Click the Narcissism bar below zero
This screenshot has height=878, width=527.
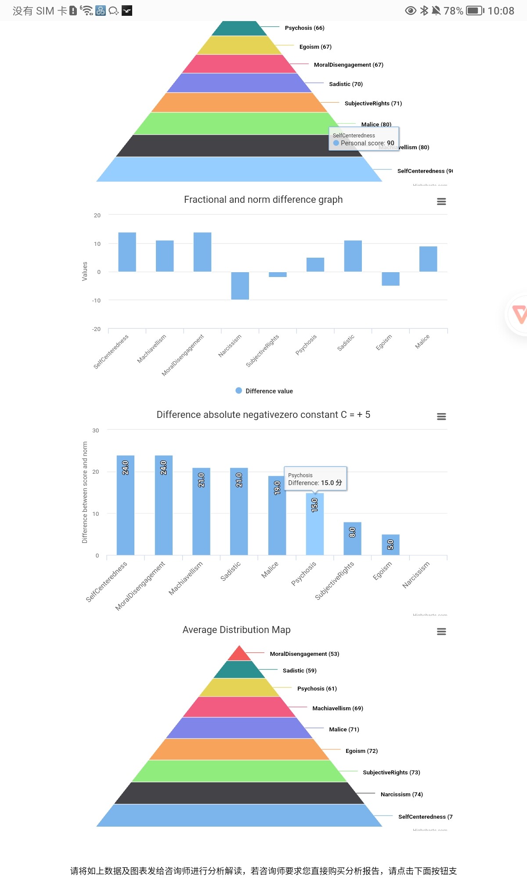click(x=240, y=286)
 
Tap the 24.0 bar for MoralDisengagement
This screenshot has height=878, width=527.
click(x=163, y=505)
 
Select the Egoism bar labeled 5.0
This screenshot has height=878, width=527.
click(x=390, y=544)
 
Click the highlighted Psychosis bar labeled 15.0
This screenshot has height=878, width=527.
click(x=314, y=524)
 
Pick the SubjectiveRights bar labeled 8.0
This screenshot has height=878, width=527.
click(x=352, y=538)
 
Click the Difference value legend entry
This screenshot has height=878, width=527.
click(x=264, y=391)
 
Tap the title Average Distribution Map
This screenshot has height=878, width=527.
click(x=236, y=630)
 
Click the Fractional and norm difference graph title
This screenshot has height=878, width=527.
click(x=263, y=199)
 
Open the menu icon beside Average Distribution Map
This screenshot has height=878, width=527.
click(x=441, y=631)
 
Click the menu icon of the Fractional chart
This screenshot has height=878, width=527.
click(x=441, y=201)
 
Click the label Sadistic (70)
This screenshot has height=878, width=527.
click(x=346, y=84)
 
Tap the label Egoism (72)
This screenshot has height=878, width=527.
click(x=361, y=751)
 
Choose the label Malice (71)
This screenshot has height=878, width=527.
click(x=344, y=729)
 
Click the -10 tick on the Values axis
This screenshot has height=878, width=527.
click(x=96, y=300)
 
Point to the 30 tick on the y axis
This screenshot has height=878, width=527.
click(x=95, y=430)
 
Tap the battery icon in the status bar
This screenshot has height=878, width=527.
click(x=475, y=11)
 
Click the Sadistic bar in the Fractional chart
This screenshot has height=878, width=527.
click(x=353, y=256)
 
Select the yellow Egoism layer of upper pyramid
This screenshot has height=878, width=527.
click(x=239, y=45)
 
